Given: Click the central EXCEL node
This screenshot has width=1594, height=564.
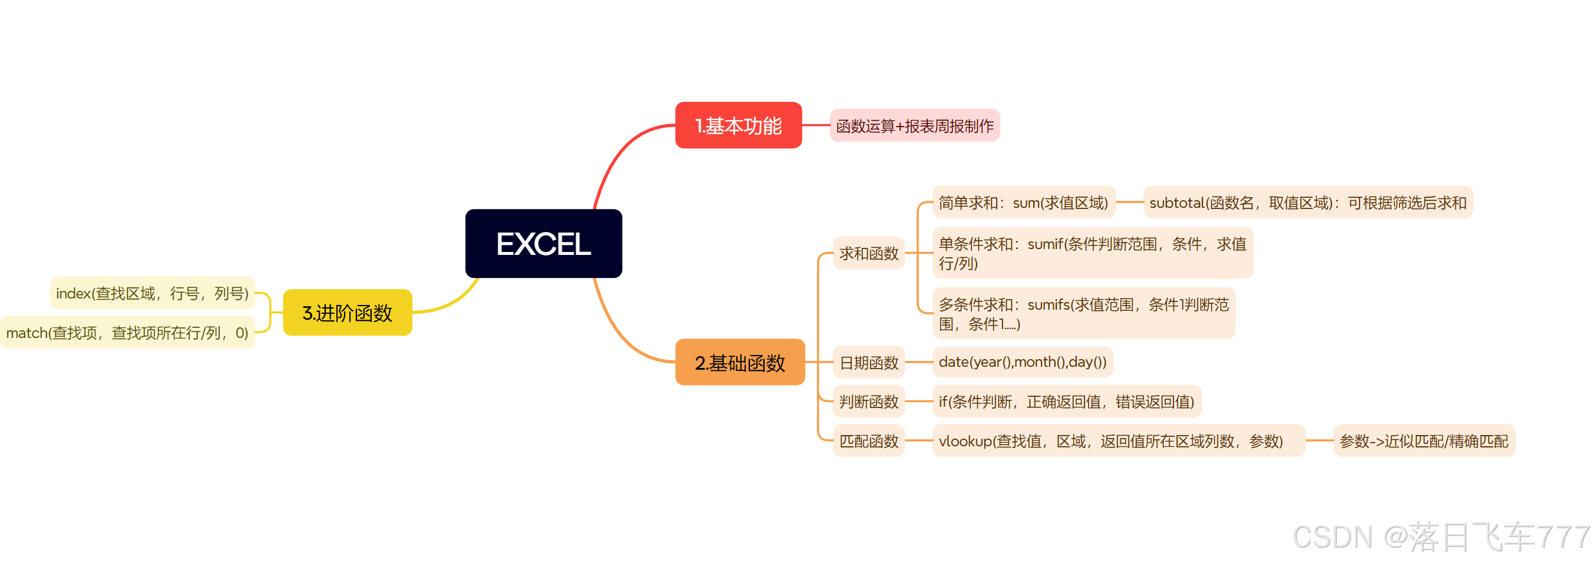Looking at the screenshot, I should pyautogui.click(x=543, y=244).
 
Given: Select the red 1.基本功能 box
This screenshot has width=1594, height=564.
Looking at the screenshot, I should pyautogui.click(x=738, y=125).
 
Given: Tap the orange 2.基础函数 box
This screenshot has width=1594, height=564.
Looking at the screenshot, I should pyautogui.click(x=739, y=363).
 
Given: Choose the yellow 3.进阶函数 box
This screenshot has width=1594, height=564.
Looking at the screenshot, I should pyautogui.click(x=347, y=313).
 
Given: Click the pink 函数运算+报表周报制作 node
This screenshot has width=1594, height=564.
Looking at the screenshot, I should pyautogui.click(x=914, y=126).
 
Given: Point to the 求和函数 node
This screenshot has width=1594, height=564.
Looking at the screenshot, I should pyautogui.click(x=868, y=254).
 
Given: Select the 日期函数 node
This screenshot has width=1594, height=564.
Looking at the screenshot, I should pyautogui.click(x=868, y=363).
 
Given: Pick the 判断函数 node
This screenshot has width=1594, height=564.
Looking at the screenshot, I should pyautogui.click(x=868, y=402).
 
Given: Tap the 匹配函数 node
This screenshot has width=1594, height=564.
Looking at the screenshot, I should pyautogui.click(x=868, y=441).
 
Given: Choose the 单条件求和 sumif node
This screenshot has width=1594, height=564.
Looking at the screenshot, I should pyautogui.click(x=1092, y=254).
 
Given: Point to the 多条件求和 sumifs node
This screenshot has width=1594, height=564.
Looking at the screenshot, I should pyautogui.click(x=1083, y=314).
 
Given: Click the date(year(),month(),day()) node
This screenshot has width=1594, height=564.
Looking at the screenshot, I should pyautogui.click(x=1022, y=363).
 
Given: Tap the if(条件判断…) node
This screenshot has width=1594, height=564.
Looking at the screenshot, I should pyautogui.click(x=1066, y=402).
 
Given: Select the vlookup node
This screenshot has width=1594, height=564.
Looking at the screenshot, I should pyautogui.click(x=1117, y=441).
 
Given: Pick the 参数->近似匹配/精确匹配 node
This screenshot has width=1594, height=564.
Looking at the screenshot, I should pyautogui.click(x=1423, y=441).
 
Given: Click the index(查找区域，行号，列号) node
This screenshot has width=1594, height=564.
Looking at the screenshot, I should pyautogui.click(x=152, y=293).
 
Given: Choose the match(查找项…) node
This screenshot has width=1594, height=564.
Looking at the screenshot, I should pyautogui.click(x=127, y=333).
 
